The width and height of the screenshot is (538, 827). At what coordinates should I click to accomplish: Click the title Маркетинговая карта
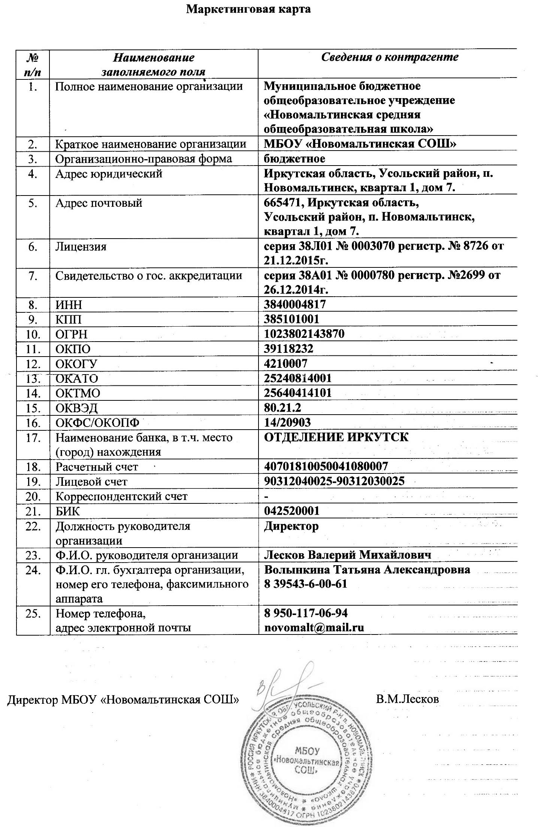[x=248, y=9]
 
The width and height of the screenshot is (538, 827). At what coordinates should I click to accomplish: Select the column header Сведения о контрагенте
[x=390, y=57]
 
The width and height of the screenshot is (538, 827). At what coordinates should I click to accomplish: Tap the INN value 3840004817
[x=295, y=304]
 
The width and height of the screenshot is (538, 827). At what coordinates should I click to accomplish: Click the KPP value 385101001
[x=291, y=319]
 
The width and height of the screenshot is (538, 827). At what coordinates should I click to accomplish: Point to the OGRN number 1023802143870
[x=304, y=333]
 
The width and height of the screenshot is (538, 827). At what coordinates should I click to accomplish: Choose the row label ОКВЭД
[x=76, y=408]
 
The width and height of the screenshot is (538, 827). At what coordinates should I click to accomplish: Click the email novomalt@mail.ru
[x=314, y=627]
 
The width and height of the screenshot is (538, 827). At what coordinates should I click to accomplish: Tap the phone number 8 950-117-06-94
[x=306, y=613]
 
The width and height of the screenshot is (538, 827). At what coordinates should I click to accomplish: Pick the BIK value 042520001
[x=291, y=511]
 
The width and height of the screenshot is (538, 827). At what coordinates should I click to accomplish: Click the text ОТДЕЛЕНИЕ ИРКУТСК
[x=336, y=437]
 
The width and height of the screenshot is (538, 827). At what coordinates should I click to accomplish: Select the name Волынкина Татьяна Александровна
[x=367, y=569]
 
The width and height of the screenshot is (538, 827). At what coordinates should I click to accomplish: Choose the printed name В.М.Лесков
[x=407, y=699]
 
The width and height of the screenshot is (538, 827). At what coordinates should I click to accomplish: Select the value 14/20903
[x=287, y=422]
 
